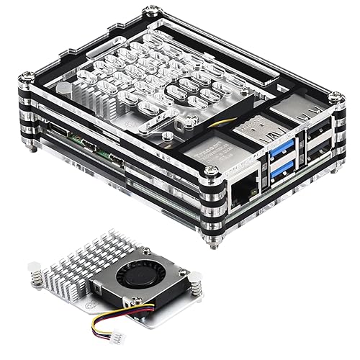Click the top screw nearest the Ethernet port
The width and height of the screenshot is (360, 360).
point(211,171)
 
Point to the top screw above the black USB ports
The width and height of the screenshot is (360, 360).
point(336,96)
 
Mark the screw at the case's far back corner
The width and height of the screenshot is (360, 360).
point(150,12)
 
